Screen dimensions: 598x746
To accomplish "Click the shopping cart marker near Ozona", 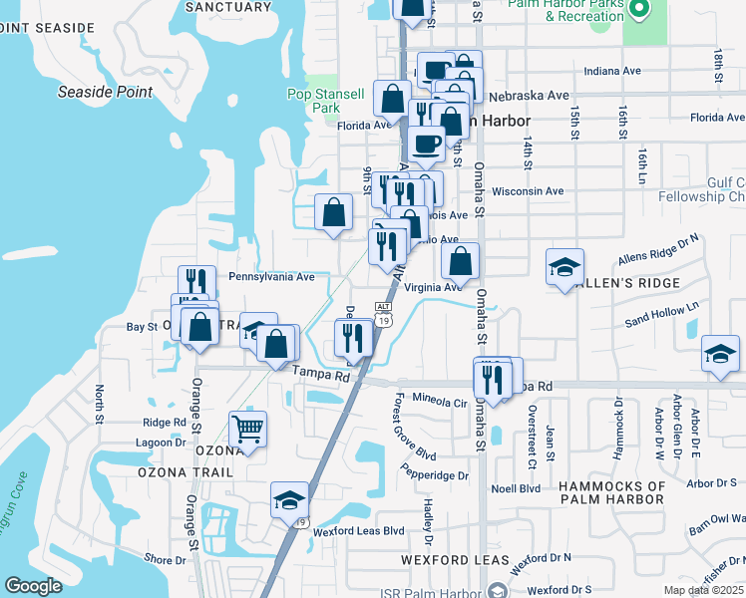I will pos(247,430).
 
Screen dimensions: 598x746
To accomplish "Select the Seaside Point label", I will pos(105,92).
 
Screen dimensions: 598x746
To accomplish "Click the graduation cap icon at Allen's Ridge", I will pos(564,267).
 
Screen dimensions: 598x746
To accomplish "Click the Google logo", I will pos(33,586).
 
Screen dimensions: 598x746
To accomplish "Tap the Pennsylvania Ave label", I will pos(271,276).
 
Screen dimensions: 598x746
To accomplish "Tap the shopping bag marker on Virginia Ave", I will pos(460,263).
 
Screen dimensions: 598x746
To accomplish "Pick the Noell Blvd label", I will pos(516,488).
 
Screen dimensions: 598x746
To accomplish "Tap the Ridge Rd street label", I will pos(165,423).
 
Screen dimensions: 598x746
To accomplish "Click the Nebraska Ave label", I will pos(529,96).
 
